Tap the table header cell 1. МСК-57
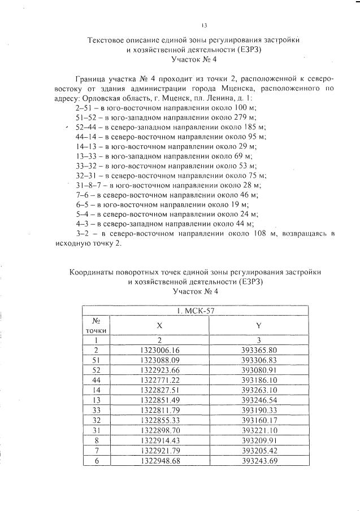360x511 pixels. pos(195,309)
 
